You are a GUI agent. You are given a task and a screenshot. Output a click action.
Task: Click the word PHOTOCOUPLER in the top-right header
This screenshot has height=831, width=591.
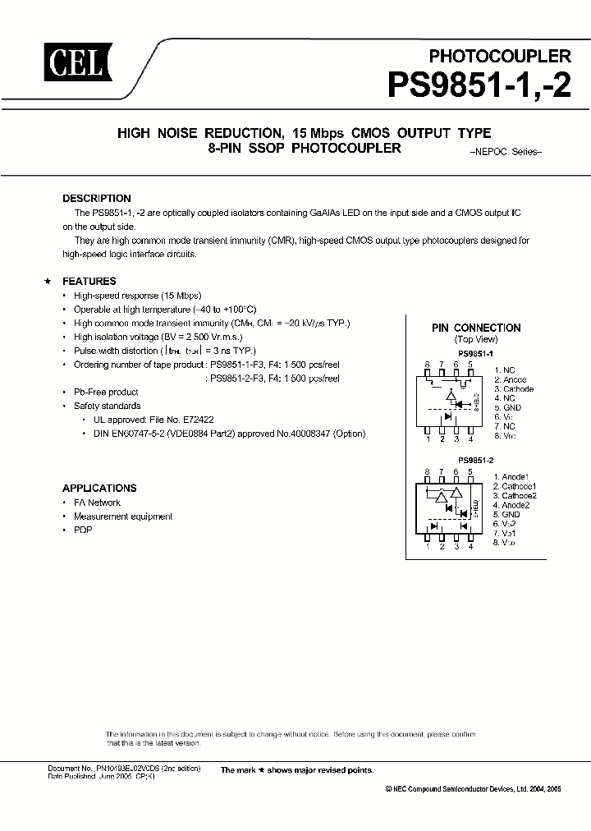500,56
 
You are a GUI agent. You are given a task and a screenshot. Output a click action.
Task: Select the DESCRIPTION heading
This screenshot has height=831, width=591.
97,199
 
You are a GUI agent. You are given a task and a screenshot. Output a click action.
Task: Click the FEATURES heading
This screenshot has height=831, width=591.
89,281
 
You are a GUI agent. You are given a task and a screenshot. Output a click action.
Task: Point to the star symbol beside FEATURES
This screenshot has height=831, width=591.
48,281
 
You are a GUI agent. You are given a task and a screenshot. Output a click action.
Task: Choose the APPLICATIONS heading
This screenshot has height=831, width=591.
99,488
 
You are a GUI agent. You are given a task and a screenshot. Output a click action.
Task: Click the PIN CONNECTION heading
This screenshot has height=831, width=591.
476,328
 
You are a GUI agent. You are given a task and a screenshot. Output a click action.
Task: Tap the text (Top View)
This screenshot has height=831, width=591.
476,339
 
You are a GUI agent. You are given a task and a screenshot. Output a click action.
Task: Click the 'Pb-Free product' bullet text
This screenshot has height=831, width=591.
106,393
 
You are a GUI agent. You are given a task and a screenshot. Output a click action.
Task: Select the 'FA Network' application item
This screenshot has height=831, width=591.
97,503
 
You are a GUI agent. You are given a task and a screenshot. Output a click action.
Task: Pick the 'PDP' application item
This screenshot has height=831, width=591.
83,530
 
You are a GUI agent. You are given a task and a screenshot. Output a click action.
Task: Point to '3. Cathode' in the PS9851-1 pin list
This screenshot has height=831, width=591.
513,389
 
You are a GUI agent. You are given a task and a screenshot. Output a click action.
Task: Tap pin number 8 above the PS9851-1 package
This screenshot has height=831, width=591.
427,364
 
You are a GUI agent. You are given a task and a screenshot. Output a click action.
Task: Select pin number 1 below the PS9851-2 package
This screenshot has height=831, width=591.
427,546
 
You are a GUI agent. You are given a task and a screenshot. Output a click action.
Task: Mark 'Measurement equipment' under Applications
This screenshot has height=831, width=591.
123,517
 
